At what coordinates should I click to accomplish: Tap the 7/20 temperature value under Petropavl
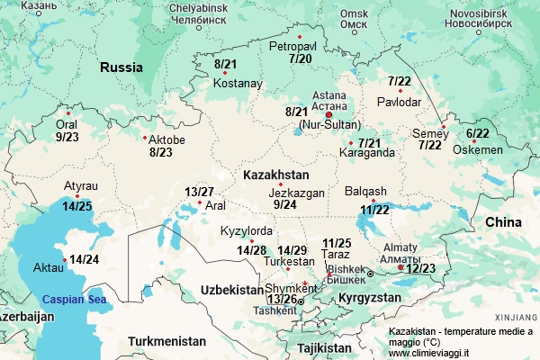pos(301,58)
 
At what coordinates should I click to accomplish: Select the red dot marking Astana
pos(329,115)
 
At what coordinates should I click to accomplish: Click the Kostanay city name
pos(238,84)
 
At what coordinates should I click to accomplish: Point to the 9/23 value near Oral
pos(67,138)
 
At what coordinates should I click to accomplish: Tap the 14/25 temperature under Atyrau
pos(77,206)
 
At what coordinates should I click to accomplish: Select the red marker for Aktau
pos(64,261)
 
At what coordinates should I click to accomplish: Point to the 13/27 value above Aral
pos(199,192)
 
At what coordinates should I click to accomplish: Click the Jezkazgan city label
pos(296,192)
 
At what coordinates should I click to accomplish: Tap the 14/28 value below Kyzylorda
pos(252,249)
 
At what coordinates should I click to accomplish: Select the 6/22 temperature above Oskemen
pos(478,133)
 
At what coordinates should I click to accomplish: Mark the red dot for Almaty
pos(400,267)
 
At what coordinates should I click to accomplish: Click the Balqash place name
pos(365,191)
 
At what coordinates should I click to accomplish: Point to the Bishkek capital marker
pos(370,273)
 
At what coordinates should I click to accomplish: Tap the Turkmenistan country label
pos(166,341)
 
